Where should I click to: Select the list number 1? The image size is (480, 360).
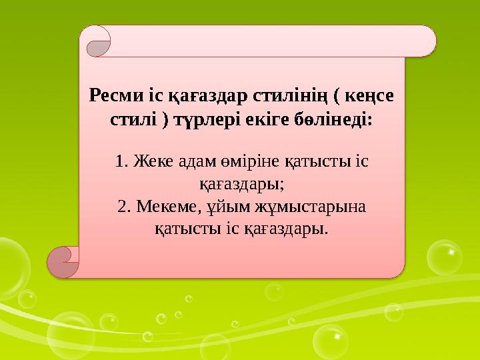click(120, 162)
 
